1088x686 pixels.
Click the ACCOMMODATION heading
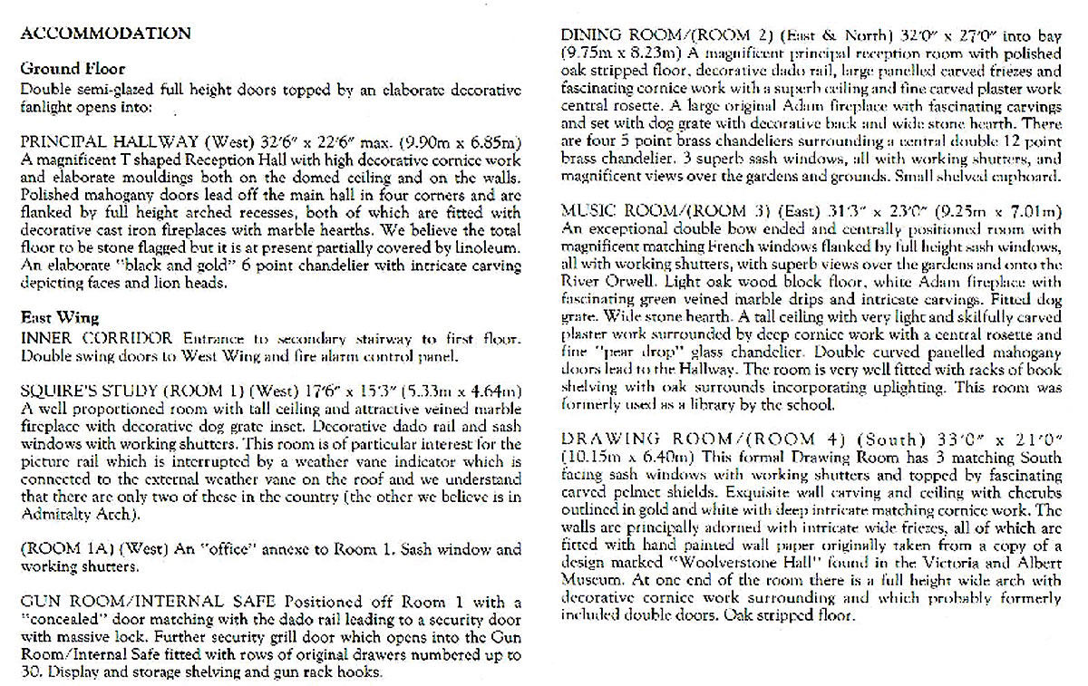tap(105, 34)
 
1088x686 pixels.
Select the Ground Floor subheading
tap(73, 69)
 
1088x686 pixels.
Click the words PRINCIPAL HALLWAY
tap(98, 142)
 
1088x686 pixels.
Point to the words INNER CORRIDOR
tap(96, 338)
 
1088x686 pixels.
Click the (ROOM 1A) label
tap(58, 549)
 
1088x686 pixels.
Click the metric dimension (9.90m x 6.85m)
tap(463, 142)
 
